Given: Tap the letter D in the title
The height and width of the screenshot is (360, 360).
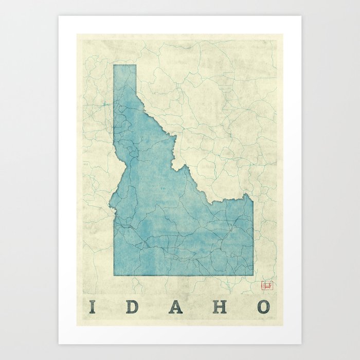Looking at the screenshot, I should (x=133, y=307).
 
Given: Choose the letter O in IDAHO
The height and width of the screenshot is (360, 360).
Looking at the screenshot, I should (x=263, y=307).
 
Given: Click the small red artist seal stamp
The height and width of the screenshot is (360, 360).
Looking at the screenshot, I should (x=266, y=284).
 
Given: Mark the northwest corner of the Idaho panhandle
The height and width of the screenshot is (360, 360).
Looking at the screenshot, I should (x=114, y=65).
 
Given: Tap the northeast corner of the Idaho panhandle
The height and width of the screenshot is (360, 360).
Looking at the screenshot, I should (x=136, y=65).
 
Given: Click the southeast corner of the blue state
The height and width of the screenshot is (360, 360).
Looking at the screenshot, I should (x=253, y=275).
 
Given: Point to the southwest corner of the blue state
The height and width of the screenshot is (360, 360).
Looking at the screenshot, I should (x=114, y=275).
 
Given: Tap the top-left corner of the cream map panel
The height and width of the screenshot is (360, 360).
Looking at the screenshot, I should (x=77, y=34).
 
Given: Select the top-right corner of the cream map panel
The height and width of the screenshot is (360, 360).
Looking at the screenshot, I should (x=283, y=34).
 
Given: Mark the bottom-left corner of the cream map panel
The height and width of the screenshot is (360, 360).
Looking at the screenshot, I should (x=77, y=326).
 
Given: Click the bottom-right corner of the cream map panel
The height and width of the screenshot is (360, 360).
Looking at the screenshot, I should (x=283, y=326).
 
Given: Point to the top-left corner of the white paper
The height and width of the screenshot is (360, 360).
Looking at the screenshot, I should (x=59, y=16).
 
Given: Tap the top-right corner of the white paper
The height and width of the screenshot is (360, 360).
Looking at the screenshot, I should (x=301, y=16).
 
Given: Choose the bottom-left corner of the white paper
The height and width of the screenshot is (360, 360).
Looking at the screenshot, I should (x=59, y=344).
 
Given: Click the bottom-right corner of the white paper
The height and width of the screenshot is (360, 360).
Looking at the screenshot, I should (x=301, y=344).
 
